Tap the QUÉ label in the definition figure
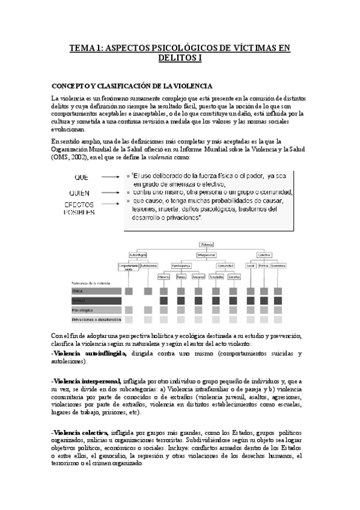(82, 177)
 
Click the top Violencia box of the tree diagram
(208, 244)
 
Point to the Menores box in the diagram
(164, 277)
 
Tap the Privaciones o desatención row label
(96, 319)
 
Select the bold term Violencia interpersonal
(87, 381)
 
